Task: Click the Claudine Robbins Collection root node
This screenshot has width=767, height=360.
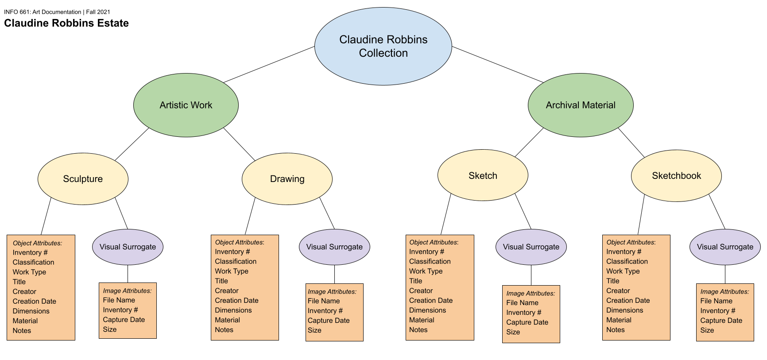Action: tap(383, 46)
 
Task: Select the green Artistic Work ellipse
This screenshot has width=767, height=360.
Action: tap(186, 105)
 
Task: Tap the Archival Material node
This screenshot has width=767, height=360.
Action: tap(581, 105)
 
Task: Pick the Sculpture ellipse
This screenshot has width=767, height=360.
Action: tap(83, 179)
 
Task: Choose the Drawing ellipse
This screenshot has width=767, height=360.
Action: tap(287, 179)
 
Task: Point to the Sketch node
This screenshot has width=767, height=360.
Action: tap(483, 175)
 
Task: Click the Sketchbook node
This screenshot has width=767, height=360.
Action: tap(676, 176)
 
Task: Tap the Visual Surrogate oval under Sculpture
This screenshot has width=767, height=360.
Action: tap(128, 247)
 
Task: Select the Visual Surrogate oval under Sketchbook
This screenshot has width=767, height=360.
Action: tap(725, 247)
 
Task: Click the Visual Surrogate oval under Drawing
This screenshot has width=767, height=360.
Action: tap(334, 247)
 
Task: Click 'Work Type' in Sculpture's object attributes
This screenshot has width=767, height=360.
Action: tap(29, 272)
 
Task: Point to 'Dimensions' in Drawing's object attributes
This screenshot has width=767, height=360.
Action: tap(233, 310)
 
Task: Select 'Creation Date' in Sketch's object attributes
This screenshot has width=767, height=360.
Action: tap(431, 301)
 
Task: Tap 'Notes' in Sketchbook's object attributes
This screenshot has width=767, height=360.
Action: tap(616, 330)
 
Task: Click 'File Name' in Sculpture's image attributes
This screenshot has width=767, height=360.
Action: tap(119, 300)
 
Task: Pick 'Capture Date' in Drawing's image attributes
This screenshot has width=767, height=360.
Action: tap(329, 321)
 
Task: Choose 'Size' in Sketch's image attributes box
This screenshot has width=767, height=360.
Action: tap(513, 332)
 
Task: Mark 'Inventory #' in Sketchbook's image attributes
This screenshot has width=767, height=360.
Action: tap(718, 311)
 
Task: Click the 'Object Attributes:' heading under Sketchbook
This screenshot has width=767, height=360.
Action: tap(631, 242)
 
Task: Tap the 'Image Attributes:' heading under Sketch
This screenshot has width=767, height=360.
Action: tap(531, 293)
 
